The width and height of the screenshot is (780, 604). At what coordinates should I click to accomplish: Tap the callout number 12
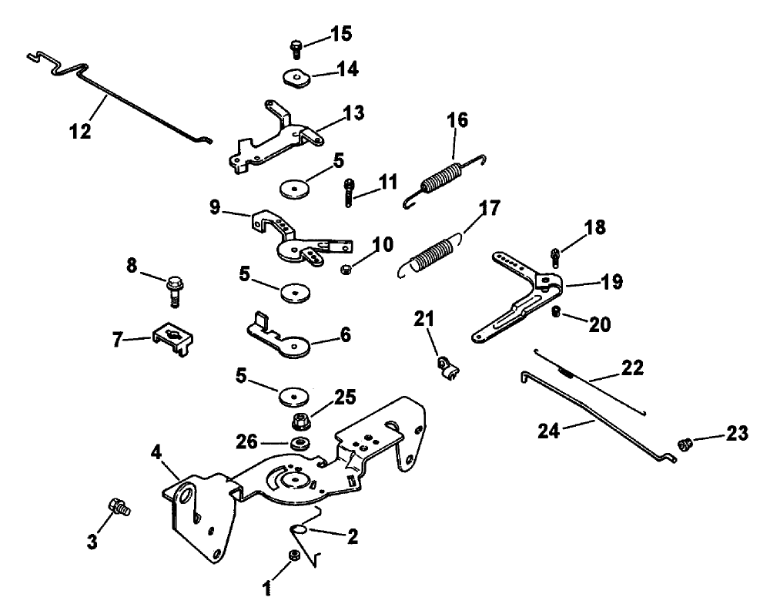[x=80, y=132]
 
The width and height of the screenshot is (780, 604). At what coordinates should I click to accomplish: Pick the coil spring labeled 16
[x=442, y=181]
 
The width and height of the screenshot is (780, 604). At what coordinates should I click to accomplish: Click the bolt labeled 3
[x=119, y=507]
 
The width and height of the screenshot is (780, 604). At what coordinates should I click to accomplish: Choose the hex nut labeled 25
[x=301, y=422]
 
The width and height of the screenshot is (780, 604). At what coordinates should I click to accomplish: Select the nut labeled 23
[x=683, y=444]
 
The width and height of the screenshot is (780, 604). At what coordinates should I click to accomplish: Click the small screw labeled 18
[x=554, y=253]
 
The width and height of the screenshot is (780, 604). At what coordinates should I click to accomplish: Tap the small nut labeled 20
[x=555, y=312]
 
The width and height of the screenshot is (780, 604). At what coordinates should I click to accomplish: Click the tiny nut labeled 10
[x=347, y=268]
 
